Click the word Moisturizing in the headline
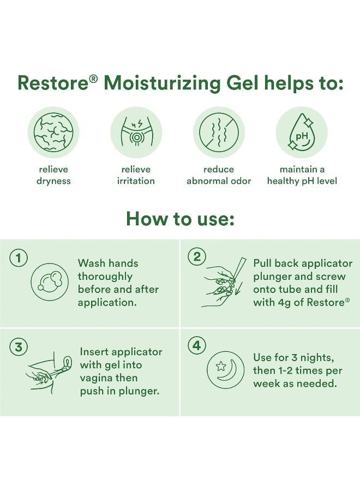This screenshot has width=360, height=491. (x=162, y=84)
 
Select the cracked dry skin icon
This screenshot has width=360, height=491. (x=53, y=132)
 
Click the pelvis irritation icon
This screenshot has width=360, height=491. (x=136, y=132)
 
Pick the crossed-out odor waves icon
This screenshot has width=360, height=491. (x=219, y=132)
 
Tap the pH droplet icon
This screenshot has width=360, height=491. (x=302, y=132)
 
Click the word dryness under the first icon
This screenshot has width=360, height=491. (x=53, y=181)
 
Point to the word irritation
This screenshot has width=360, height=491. (x=136, y=181)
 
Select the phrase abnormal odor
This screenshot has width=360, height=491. (x=219, y=181)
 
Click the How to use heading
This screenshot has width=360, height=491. (x=180, y=219)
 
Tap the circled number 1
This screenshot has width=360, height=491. (x=19, y=259)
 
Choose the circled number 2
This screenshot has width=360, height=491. (x=196, y=257)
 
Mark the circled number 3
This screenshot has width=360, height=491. (x=19, y=348)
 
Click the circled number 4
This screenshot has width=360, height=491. (x=196, y=346)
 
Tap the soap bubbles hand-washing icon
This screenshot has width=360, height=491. (x=50, y=282)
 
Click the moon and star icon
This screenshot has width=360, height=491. (x=225, y=370)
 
